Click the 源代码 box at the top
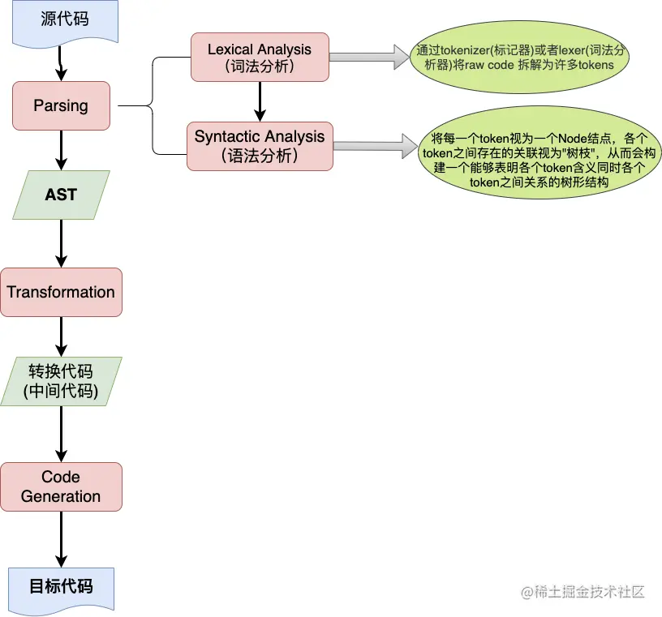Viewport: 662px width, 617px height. click(65, 22)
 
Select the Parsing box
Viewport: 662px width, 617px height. click(61, 105)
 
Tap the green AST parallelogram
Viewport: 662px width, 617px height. click(61, 195)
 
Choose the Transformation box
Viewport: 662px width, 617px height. click(61, 292)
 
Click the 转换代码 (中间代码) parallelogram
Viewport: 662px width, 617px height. click(61, 381)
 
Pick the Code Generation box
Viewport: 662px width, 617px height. click(61, 486)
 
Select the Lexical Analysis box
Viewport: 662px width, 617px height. click(260, 57)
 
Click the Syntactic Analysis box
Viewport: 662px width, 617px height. click(260, 146)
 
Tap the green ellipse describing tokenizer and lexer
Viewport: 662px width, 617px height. click(520, 57)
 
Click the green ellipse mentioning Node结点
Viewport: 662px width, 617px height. click(539, 152)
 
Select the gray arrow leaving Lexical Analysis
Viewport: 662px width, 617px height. click(369, 57)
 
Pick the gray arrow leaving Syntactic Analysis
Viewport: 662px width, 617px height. click(376, 146)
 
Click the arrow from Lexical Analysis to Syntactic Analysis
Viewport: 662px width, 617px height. click(260, 101)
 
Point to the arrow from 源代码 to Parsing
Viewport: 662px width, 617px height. click(61, 63)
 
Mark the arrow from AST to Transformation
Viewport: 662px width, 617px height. click(61, 243)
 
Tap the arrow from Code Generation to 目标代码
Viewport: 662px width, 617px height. click(61, 539)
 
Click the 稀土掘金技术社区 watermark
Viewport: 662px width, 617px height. click(582, 592)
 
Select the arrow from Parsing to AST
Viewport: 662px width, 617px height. click(61, 150)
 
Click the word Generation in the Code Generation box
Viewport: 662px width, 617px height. click(61, 496)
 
